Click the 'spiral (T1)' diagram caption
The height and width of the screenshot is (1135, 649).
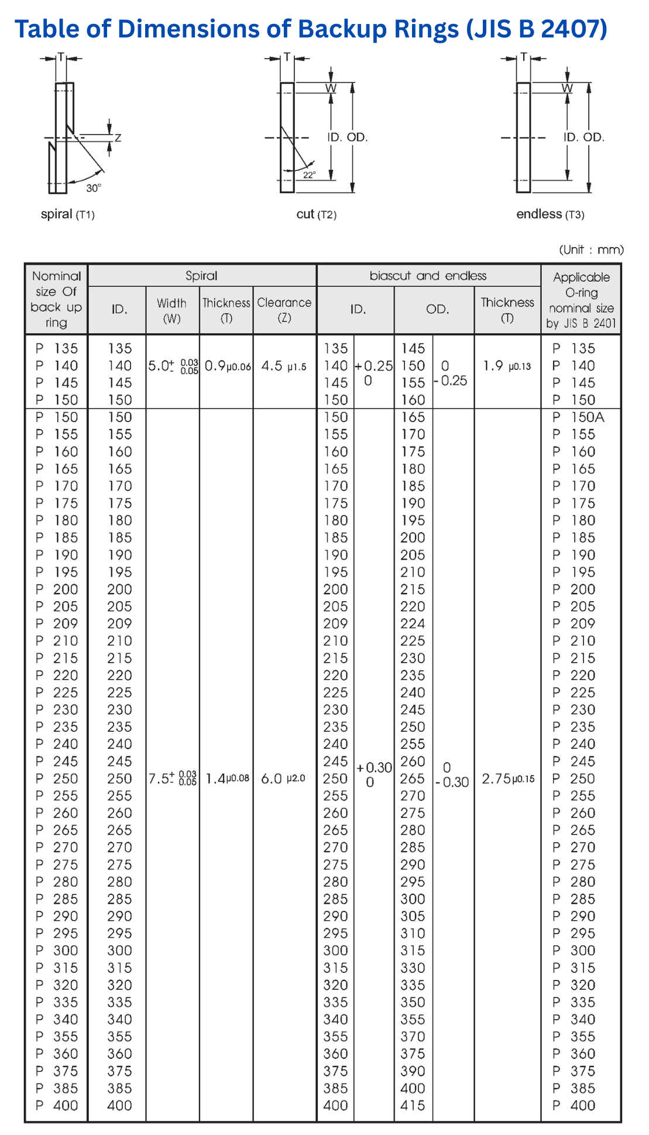click(67, 214)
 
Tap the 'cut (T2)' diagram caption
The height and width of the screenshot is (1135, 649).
click(316, 214)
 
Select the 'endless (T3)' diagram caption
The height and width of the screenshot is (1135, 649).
click(550, 214)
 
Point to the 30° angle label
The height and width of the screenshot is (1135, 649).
click(94, 188)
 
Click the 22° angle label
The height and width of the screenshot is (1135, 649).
click(310, 174)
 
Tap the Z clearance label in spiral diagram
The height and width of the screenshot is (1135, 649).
click(118, 138)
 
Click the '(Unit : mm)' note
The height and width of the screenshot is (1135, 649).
click(591, 250)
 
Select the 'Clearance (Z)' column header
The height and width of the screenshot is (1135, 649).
click(284, 310)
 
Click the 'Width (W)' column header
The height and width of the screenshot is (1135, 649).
click(171, 310)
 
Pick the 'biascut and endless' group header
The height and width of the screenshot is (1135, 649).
click(428, 276)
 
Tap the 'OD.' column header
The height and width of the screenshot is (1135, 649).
click(437, 309)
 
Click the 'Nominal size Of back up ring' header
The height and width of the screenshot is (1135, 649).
click(56, 299)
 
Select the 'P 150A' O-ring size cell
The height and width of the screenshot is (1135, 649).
click(579, 417)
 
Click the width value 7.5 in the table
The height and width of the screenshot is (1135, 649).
click(159, 779)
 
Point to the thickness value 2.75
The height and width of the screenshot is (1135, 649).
click(496, 779)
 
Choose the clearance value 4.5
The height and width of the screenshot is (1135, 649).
click(272, 366)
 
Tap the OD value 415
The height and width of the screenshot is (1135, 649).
click(413, 1106)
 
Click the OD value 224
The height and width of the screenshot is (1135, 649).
click(413, 624)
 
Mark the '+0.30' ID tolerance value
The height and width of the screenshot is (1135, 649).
click(374, 768)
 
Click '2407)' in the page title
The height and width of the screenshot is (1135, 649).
click(573, 29)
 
